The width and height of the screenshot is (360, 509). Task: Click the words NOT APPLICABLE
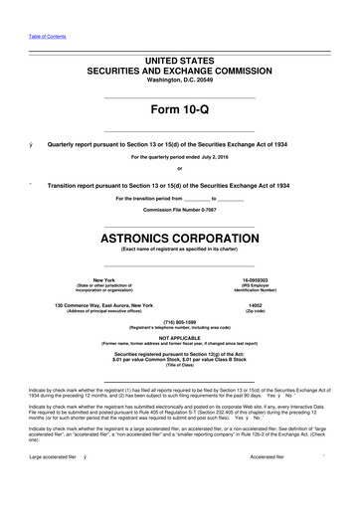180,338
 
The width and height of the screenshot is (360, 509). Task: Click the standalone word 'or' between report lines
180,167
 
